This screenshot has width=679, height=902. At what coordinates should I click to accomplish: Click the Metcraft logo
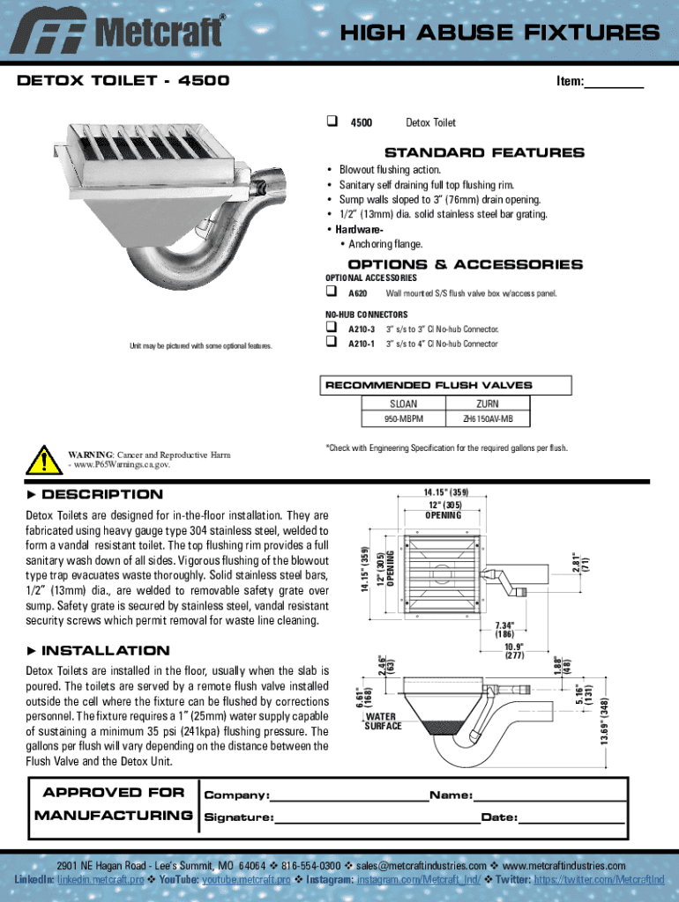tap(123, 33)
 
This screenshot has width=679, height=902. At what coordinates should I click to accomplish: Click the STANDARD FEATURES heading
tap(466, 152)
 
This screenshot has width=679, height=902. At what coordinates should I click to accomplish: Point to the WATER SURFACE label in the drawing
tap(383, 721)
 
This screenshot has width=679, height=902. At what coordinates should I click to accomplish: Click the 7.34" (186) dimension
tap(504, 629)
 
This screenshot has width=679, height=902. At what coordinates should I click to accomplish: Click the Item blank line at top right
tap(615, 83)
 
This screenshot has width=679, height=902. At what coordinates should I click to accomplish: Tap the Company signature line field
tap(349, 795)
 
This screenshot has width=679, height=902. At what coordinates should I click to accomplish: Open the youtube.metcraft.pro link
tap(247, 879)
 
